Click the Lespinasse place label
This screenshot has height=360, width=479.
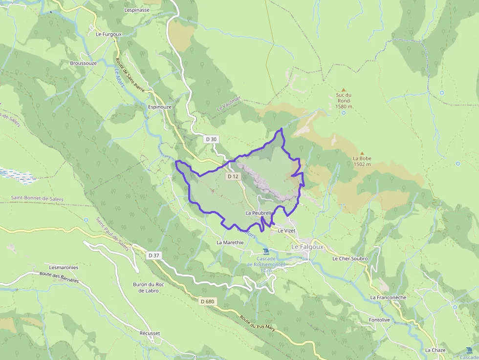click(x=137, y=10)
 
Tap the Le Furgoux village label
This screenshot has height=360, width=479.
click(x=109, y=34)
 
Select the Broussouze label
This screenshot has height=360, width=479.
click(x=83, y=64)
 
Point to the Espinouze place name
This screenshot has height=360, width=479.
click(x=159, y=106)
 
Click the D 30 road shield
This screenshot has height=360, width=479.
click(x=211, y=139)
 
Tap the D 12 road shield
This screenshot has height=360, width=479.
click(x=233, y=176)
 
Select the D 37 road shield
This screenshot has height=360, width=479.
click(x=154, y=255)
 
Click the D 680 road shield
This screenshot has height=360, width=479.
click(x=207, y=301)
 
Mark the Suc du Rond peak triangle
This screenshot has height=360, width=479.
click(x=344, y=90)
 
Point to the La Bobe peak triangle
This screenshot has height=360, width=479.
click(x=362, y=153)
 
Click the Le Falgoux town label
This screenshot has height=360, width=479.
click(x=307, y=247)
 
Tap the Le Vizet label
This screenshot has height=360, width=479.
click(x=287, y=231)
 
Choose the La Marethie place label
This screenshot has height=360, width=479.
click(x=230, y=242)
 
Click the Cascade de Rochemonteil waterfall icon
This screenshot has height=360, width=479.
click(x=266, y=252)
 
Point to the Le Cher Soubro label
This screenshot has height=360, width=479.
click(x=350, y=258)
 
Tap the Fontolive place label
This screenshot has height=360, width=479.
click(x=379, y=320)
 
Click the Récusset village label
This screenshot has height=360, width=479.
click(x=150, y=333)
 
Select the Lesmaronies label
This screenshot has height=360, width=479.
click(x=64, y=268)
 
